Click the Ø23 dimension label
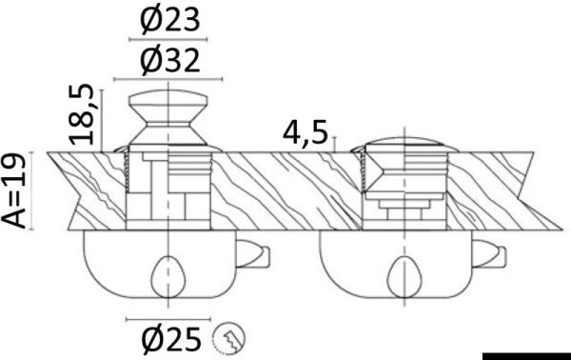pyautogui.click(x=170, y=20)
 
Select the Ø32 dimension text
pyautogui.click(x=170, y=61)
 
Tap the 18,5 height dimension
pyautogui.click(x=82, y=114)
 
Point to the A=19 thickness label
pyautogui.click(x=14, y=190)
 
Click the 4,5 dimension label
pyautogui.click(x=305, y=133)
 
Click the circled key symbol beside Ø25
pyautogui.click(x=229, y=339)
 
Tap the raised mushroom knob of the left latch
pyautogui.click(x=167, y=117)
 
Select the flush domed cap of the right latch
pyautogui.click(x=404, y=145)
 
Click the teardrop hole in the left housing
pyautogui.click(x=168, y=276)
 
